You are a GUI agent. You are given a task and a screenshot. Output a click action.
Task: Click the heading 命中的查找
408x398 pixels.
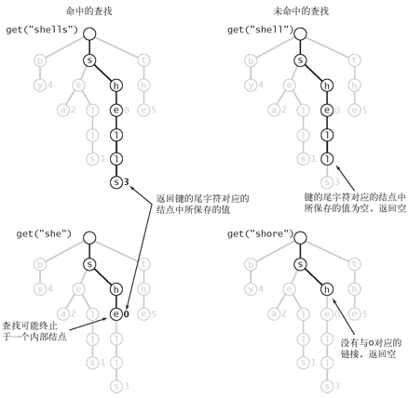click(89, 11)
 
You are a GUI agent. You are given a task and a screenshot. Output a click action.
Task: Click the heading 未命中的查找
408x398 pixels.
click(301, 11)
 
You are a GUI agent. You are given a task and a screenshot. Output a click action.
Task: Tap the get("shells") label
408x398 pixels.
click(42, 30)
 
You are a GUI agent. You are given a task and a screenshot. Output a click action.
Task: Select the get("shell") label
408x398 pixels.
click(261, 30)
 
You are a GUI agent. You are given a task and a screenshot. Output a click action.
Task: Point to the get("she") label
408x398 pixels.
click(44, 233)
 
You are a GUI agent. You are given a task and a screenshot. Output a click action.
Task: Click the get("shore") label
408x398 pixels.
click(261, 233)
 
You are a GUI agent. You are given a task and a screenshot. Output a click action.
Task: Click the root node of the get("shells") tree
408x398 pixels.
click(89, 33)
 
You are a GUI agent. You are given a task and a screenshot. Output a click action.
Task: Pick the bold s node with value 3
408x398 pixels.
click(116, 182)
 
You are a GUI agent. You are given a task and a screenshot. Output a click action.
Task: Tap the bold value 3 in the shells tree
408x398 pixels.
click(126, 182)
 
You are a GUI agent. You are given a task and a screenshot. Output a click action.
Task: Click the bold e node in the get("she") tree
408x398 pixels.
click(116, 314)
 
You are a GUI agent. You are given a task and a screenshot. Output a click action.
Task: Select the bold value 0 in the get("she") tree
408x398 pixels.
click(126, 314)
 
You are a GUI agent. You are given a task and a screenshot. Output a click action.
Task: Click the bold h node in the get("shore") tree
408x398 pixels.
click(327, 289)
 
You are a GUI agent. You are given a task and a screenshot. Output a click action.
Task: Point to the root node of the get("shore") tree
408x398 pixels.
click(300, 238)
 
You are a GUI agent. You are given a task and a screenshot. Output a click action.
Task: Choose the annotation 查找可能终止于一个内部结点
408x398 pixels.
click(34, 331)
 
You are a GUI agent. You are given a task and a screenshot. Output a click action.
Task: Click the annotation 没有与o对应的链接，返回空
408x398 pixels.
click(371, 349)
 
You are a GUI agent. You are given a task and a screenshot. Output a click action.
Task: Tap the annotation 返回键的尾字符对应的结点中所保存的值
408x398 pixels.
click(203, 204)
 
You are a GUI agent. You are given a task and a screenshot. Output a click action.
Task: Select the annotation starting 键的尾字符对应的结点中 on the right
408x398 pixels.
click(355, 203)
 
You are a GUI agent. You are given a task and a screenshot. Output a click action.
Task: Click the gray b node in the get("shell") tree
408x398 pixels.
click(251, 60)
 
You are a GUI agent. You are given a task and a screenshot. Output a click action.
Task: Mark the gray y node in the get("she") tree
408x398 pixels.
click(40, 289)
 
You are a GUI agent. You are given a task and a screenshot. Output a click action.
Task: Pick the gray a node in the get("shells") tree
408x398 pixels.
click(63, 110)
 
